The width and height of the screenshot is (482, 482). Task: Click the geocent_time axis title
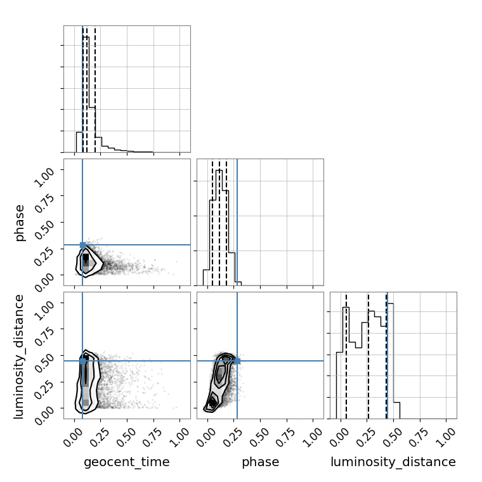127,462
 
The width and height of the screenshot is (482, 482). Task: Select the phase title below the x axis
261,462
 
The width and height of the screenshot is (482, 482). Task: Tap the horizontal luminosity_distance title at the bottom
393,462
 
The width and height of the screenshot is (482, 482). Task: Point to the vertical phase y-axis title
19,223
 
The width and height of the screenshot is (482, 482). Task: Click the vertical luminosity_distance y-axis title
19,356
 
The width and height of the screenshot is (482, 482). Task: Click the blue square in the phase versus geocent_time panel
82,245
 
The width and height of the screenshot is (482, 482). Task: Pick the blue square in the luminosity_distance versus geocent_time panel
82,361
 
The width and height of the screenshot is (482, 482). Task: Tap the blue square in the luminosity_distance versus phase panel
237,361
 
